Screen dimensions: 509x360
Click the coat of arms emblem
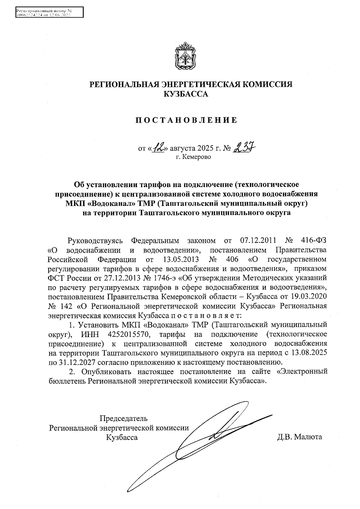coord(185,56)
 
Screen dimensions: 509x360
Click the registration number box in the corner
coord(49,13)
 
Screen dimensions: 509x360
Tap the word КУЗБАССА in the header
coord(185,94)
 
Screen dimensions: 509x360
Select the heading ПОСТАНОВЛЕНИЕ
coord(186,121)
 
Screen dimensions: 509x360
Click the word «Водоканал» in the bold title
coord(111,204)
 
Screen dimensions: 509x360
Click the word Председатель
coord(123,418)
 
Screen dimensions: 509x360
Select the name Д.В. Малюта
coord(299,437)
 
